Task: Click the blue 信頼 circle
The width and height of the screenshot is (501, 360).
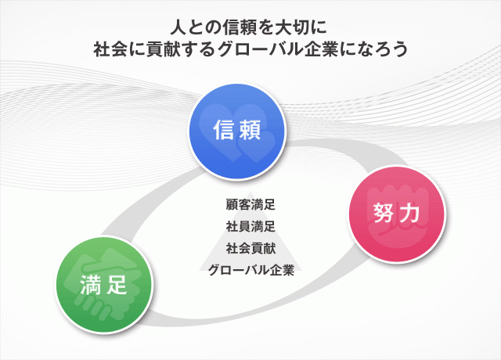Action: (x=236, y=131)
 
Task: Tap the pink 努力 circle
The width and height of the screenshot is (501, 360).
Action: (x=397, y=214)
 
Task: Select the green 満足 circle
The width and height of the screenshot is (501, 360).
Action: (x=104, y=285)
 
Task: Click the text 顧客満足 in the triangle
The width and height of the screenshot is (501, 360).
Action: (x=250, y=205)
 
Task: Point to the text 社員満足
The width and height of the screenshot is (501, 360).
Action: (x=250, y=226)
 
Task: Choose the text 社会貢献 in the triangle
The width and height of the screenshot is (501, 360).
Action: (x=250, y=248)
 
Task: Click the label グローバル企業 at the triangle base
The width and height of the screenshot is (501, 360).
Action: (x=250, y=270)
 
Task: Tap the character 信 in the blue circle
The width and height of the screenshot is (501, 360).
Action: (x=223, y=130)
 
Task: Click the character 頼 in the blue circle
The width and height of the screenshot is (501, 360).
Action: (x=250, y=130)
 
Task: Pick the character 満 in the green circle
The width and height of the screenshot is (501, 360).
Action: (x=91, y=284)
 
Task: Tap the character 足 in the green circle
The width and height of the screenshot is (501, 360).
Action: (x=117, y=284)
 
